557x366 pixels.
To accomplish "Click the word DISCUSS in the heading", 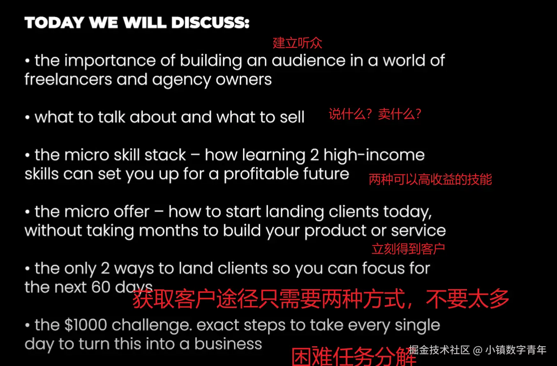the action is [210, 23].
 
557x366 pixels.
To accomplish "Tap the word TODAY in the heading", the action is [54, 23].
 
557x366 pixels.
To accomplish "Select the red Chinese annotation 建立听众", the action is [297, 43].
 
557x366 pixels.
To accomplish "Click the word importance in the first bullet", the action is [110, 61].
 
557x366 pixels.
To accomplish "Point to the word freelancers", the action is [68, 80].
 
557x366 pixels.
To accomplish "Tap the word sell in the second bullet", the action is [292, 117].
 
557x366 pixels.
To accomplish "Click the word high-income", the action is [374, 155].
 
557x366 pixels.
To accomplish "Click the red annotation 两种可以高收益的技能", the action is [430, 179].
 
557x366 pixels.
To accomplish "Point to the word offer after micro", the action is [132, 212].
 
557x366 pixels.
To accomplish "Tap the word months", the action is [169, 231].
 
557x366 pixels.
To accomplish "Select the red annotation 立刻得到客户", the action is [408, 249].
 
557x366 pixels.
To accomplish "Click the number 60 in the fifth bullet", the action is [101, 287].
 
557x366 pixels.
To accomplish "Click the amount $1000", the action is [86, 325].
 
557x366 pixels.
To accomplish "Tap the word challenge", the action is [152, 326].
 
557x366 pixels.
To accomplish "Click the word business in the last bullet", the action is [228, 344].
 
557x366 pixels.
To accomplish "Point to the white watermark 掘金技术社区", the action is [439, 350].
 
